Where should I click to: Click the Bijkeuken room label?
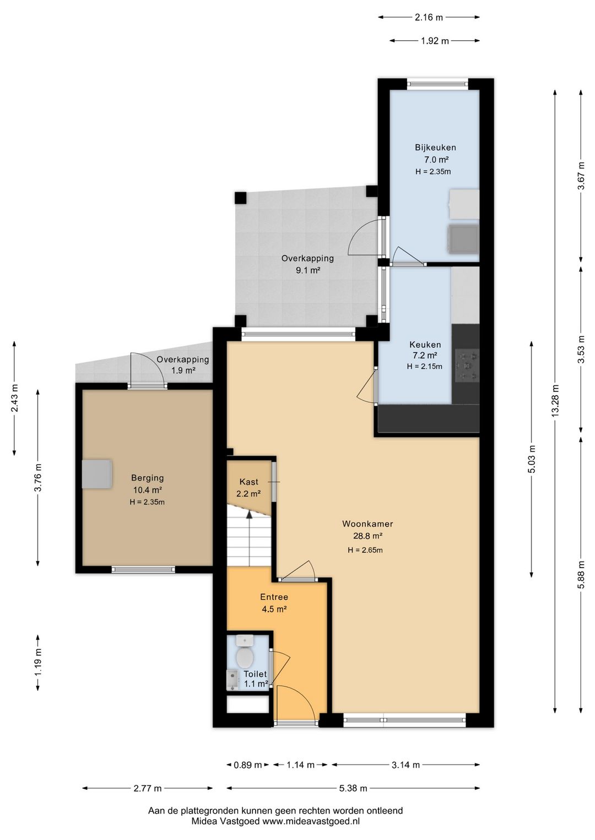(x=435, y=148)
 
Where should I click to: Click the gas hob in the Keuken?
(x=467, y=365)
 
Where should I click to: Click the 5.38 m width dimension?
(x=353, y=788)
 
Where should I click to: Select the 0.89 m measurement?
(x=247, y=765)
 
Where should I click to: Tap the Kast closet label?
(x=249, y=482)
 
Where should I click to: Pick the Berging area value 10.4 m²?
(x=147, y=490)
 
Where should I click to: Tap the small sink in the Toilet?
(x=232, y=680)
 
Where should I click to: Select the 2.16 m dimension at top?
(x=429, y=17)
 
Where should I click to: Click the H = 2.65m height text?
(x=365, y=550)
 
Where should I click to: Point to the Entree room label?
(x=274, y=597)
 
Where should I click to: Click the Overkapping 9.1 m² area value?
(x=308, y=270)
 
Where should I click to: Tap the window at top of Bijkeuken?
(x=437, y=84)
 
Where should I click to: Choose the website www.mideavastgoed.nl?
(x=311, y=821)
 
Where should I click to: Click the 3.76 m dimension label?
(x=38, y=477)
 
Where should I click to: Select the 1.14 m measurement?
(x=300, y=765)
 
